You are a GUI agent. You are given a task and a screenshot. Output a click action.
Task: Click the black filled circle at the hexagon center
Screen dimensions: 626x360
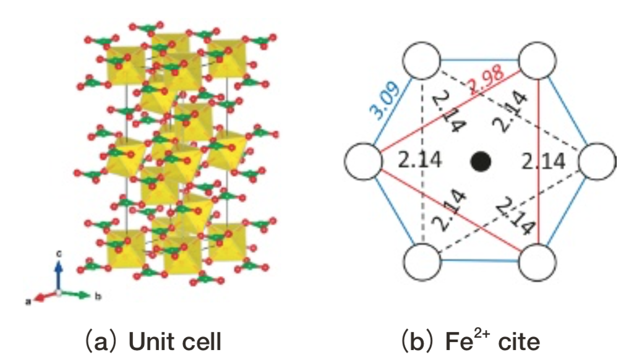point(481,161)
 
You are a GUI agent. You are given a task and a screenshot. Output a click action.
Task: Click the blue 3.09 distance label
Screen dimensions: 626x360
point(384,101)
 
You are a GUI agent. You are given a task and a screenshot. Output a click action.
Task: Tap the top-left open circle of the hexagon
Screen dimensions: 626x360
point(422,60)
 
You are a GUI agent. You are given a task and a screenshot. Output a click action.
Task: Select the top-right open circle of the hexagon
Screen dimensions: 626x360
point(538,60)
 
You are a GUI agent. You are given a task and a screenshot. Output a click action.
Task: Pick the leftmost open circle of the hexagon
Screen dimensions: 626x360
point(364,161)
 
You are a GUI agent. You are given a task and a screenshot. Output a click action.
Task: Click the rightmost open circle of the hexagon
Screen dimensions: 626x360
point(598,161)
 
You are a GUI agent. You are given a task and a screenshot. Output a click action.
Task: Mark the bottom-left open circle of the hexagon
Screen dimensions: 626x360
point(422,262)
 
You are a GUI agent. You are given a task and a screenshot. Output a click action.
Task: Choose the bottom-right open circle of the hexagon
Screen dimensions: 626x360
point(538,262)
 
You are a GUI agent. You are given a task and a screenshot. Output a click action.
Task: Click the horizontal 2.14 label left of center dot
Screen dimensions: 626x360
point(420,160)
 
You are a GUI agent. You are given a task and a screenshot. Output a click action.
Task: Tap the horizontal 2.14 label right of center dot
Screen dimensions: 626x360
point(544,161)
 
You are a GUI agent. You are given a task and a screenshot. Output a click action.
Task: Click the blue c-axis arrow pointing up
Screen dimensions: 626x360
point(59,275)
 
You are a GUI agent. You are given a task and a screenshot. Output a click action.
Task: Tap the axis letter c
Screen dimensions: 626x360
point(59,254)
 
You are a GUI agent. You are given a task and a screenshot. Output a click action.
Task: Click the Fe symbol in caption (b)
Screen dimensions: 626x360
point(459,342)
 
